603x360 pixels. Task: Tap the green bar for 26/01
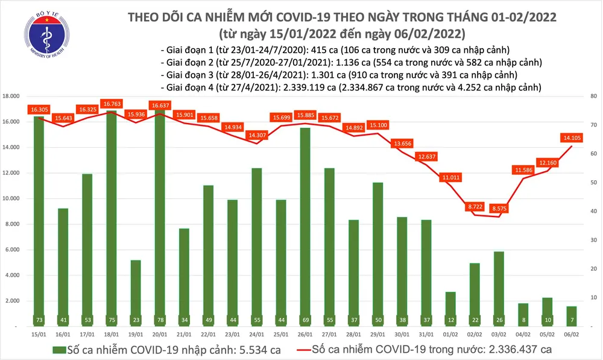305,226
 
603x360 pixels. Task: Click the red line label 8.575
498,207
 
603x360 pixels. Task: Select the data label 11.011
450,177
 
